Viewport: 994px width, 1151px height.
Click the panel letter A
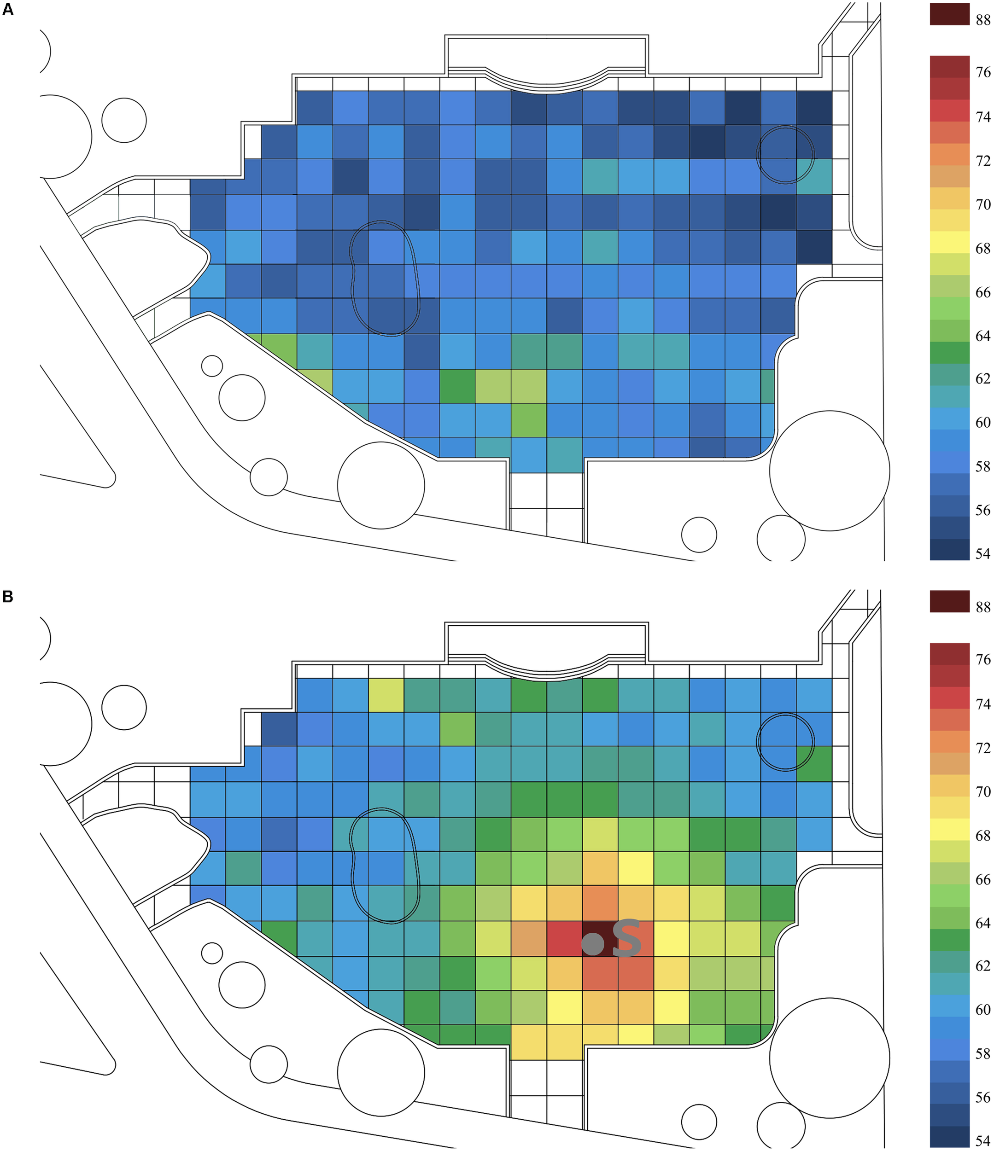(7, 10)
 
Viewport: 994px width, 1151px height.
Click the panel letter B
(7, 597)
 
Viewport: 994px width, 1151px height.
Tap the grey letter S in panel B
(627, 939)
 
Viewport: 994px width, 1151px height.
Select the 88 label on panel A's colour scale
(982, 20)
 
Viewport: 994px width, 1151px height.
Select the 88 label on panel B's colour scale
(982, 607)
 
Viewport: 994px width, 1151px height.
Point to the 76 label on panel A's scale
(982, 72)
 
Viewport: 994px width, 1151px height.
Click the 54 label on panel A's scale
(982, 553)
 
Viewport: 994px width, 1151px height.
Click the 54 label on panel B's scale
(982, 1140)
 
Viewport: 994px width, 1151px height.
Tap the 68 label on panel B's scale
(982, 836)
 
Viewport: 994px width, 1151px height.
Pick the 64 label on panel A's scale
(982, 336)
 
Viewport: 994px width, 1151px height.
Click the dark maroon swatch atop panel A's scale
(949, 14)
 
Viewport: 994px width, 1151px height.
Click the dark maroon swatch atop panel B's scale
(949, 601)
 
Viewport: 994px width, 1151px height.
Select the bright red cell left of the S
(565, 939)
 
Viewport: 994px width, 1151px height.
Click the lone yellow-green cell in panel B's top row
(386, 694)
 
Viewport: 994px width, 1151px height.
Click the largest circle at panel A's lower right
(829, 471)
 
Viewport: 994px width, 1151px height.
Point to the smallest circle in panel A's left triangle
(212, 366)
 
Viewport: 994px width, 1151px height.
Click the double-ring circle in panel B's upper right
(785, 742)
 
